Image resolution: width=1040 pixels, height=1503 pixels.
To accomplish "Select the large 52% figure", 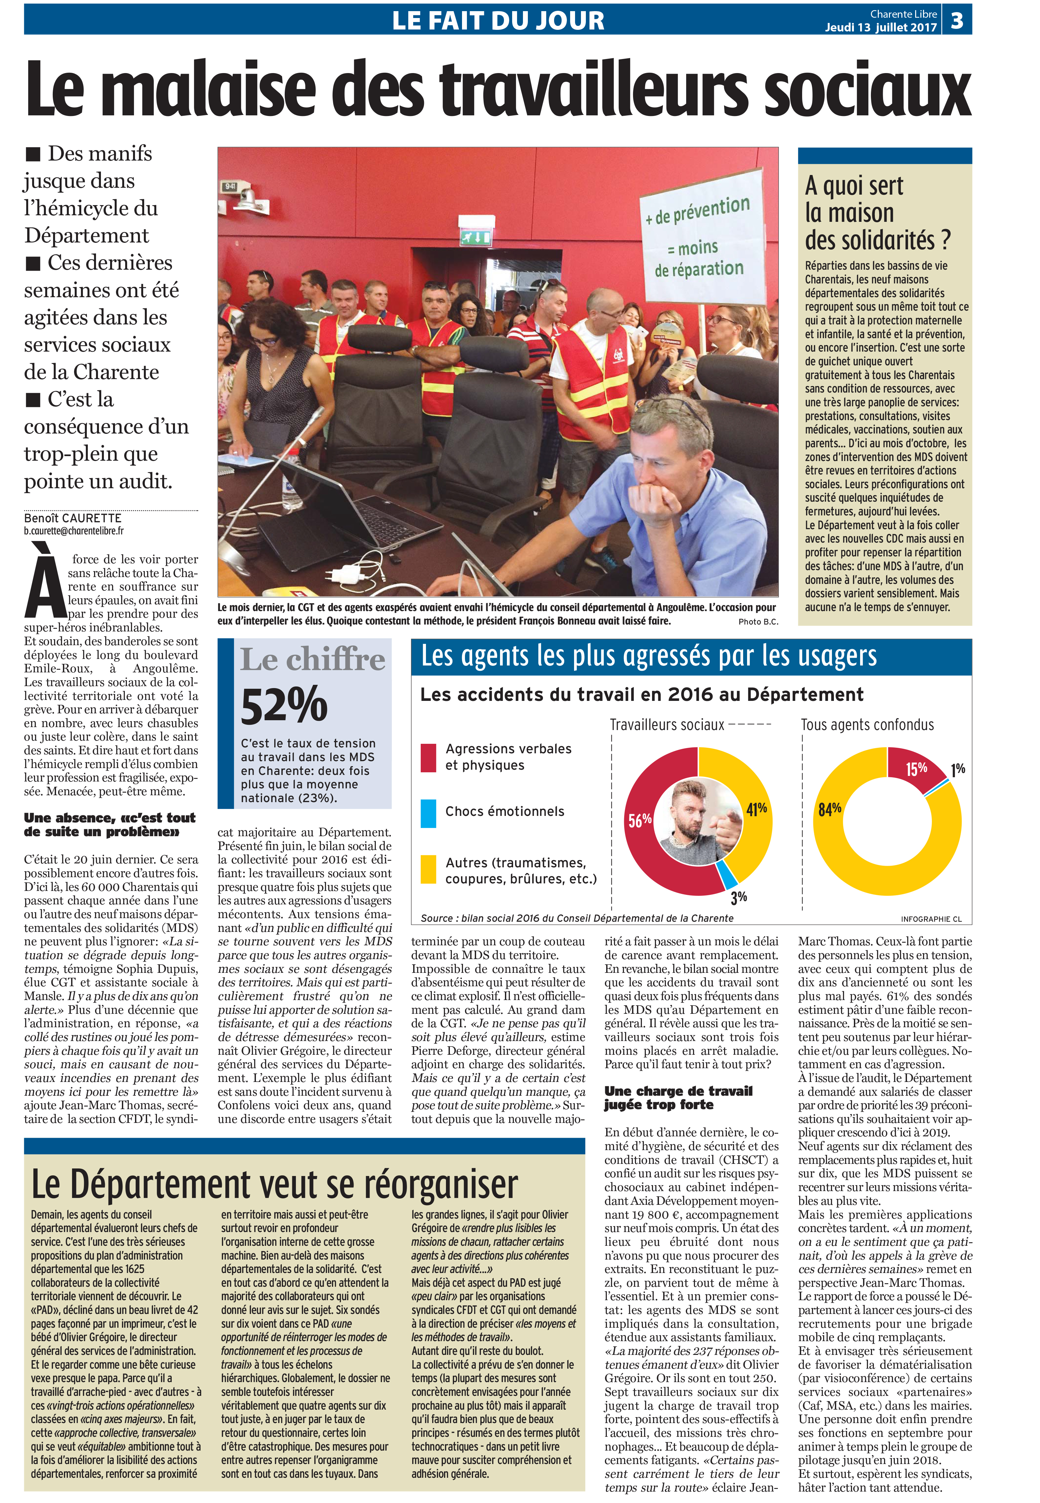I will click(284, 705).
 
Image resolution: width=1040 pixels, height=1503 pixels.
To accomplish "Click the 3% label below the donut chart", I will click(738, 898).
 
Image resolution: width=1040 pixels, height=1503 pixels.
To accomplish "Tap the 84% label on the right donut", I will click(830, 809).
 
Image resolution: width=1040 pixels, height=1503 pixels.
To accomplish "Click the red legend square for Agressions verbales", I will click(428, 757).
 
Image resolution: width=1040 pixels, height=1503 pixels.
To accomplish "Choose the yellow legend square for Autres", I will click(428, 870).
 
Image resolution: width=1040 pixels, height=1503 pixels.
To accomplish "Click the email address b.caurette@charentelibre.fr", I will click(74, 531).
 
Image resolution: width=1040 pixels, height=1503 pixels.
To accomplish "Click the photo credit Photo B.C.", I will click(758, 622).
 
